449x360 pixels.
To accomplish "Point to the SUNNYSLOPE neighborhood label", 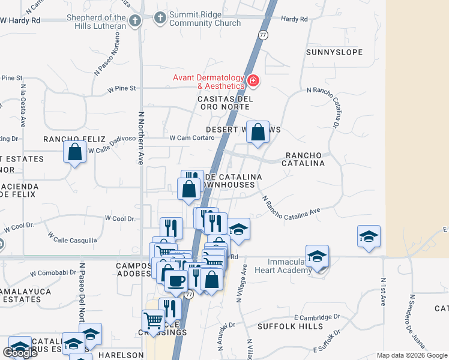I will (334, 52).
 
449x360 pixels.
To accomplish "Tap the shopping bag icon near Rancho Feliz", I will (74, 152).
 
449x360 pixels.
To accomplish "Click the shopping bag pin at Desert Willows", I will (258, 132).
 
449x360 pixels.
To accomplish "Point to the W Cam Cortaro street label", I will (192, 137).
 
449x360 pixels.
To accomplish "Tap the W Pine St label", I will (122, 88).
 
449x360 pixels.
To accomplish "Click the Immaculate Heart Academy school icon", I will (316, 256).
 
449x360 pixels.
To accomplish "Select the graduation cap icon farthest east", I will (369, 236).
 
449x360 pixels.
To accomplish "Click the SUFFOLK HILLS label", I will (282, 327).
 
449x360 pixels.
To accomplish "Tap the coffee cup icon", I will (176, 280).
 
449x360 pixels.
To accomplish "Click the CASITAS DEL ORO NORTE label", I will (224, 103).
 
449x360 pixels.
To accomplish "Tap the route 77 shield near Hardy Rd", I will (263, 36).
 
